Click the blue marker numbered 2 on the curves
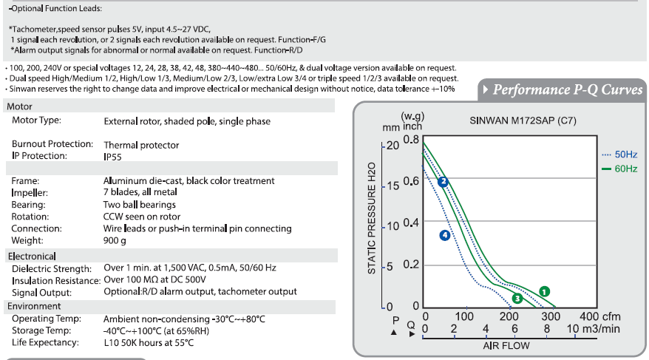(x=443, y=182)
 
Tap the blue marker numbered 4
(x=445, y=236)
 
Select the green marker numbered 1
(x=544, y=292)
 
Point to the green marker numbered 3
(x=517, y=299)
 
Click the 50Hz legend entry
(x=619, y=154)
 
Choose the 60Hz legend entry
(x=619, y=169)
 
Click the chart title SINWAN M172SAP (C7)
(x=523, y=120)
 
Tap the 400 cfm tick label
(x=599, y=316)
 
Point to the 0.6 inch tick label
(x=412, y=181)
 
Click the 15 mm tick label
(x=393, y=186)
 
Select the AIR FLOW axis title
(x=506, y=345)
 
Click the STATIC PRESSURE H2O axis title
(x=372, y=218)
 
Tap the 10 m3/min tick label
(x=593, y=329)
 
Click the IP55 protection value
(x=112, y=157)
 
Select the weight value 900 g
(x=115, y=241)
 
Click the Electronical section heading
(x=32, y=257)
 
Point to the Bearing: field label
(x=29, y=205)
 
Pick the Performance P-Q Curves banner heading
(x=568, y=89)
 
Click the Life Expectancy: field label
(x=45, y=342)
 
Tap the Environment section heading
(x=34, y=306)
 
